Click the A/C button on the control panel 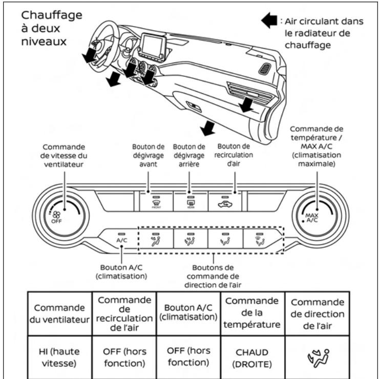[121, 238]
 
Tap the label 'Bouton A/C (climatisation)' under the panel [121, 270]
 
